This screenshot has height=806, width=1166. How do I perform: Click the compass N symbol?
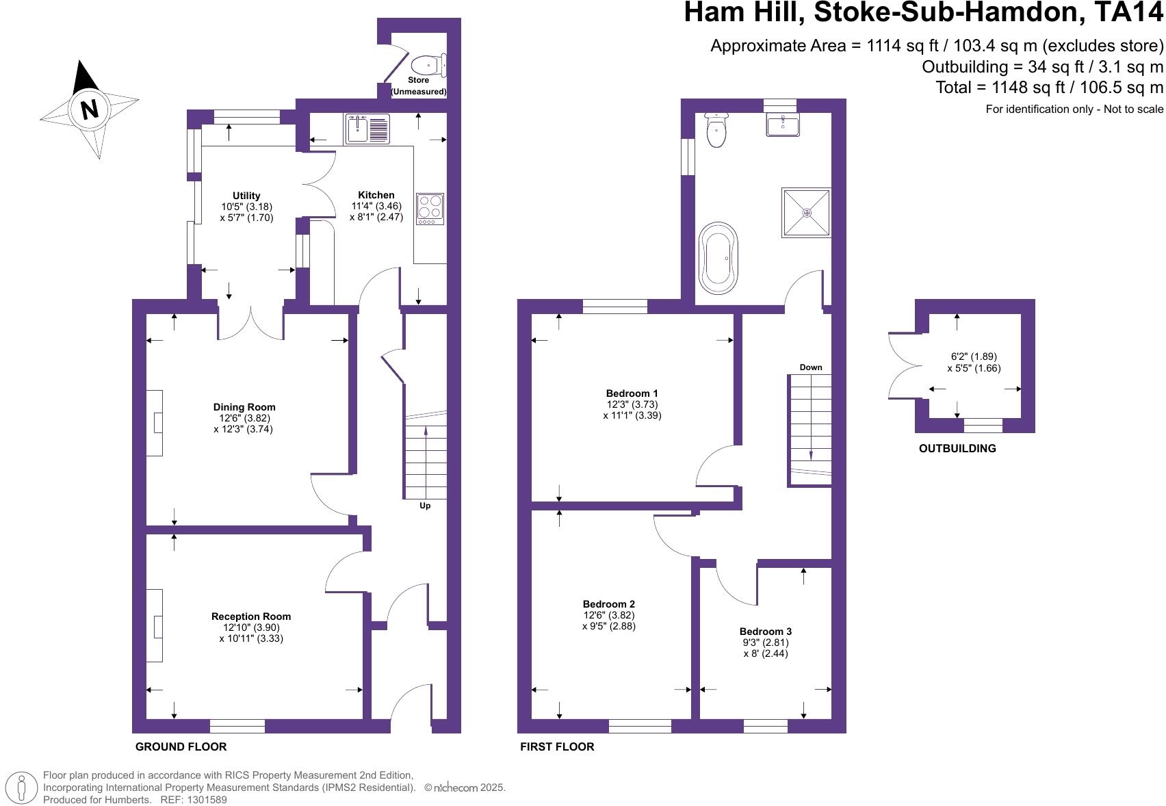(x=89, y=109)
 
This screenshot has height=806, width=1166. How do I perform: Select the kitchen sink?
(x=367, y=129)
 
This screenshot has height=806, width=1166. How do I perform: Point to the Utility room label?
(x=246, y=196)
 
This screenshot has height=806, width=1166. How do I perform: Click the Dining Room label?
(x=244, y=407)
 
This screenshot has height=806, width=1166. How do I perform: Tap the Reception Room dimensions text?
(x=251, y=633)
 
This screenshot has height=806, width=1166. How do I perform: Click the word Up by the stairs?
(x=425, y=506)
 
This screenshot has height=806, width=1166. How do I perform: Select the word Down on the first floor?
(x=811, y=367)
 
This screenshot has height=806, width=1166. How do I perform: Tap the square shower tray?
(x=807, y=213)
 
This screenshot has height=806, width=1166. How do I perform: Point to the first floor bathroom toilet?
(x=716, y=130)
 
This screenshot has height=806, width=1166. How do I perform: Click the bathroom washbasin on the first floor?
(x=782, y=125)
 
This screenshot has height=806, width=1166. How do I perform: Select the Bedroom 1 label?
(x=632, y=393)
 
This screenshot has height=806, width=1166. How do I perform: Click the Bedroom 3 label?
(x=766, y=632)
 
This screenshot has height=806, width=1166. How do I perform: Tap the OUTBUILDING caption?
(x=957, y=449)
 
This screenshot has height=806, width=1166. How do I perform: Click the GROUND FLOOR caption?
(x=181, y=746)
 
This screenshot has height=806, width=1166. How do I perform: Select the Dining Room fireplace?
(x=155, y=423)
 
